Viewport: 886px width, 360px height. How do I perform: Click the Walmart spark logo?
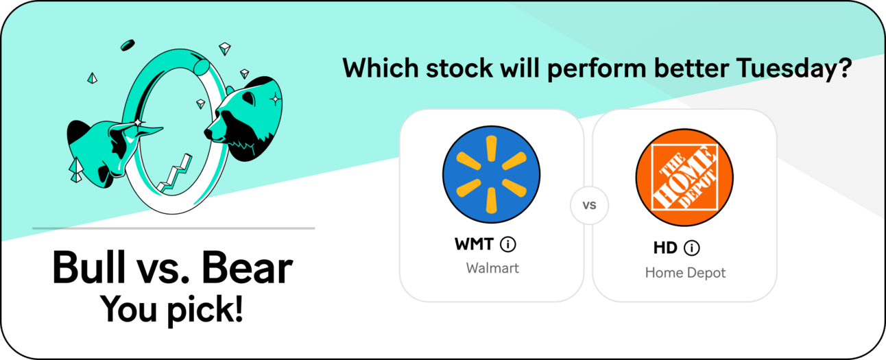pos(491,174)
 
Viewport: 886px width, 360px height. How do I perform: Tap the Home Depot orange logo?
pos(684,177)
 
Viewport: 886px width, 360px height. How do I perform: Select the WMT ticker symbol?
pos(474,244)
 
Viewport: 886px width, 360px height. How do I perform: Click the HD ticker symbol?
pos(665,248)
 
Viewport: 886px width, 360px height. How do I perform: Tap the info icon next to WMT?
pos(508,244)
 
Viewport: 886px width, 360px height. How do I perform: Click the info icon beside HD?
pos(692,248)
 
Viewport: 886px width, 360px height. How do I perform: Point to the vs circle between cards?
pos(589,205)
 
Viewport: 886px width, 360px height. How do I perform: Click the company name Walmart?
pos(492,268)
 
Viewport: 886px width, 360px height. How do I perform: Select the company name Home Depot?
pos(685,273)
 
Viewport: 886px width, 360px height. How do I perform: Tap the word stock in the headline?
pos(459,68)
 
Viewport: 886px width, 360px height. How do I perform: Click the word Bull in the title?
pos(89,267)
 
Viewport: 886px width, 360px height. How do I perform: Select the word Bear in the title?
pos(247,267)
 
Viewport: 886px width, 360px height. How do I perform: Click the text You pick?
pos(171,310)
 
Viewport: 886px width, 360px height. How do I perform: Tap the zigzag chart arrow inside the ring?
pos(175,173)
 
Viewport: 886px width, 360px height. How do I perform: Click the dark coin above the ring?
pos(128,45)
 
